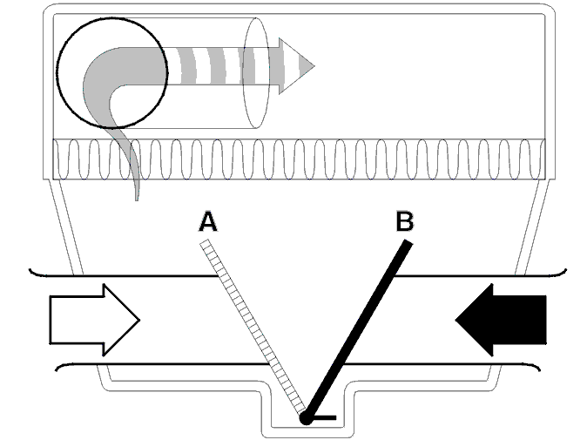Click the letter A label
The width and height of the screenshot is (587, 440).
[208, 221]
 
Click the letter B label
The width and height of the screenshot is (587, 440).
[404, 221]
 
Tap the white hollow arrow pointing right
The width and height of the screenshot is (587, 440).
[94, 320]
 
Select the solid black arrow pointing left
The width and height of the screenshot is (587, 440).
[501, 320]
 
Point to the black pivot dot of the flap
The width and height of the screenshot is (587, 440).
[306, 418]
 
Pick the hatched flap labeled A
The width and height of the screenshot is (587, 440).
[253, 328]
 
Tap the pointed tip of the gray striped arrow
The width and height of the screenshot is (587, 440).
[314, 66]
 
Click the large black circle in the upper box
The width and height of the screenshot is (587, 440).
[112, 17]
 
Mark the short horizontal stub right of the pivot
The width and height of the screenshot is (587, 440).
[324, 417]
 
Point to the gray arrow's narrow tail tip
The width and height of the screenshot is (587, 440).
[137, 200]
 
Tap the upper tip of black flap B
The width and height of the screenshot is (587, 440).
[408, 242]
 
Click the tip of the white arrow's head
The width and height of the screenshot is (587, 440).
[139, 320]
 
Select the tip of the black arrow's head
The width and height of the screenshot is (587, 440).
[456, 320]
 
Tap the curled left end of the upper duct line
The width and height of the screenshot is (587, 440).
[32, 272]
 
